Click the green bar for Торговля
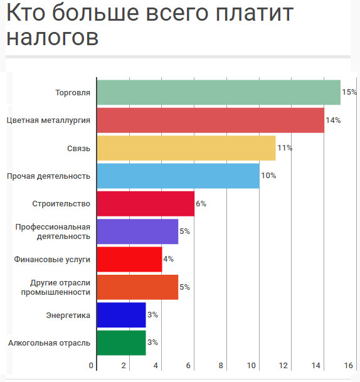(x=219, y=92)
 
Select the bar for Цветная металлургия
(x=211, y=120)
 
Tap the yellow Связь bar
(x=186, y=148)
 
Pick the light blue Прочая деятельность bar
(x=178, y=176)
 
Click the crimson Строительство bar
(x=146, y=204)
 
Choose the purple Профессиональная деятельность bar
(x=137, y=231)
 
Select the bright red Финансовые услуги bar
(x=130, y=260)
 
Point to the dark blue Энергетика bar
(x=122, y=315)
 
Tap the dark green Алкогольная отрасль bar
(x=122, y=342)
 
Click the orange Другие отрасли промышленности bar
(x=137, y=287)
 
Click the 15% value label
(x=349, y=92)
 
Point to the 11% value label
(x=285, y=148)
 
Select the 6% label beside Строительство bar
(x=201, y=204)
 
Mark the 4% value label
(x=168, y=258)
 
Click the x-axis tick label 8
(x=221, y=366)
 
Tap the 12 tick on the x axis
(x=283, y=366)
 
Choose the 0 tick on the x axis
(x=91, y=366)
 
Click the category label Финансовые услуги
(x=52, y=260)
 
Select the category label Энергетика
(x=68, y=316)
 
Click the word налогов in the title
(x=52, y=38)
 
